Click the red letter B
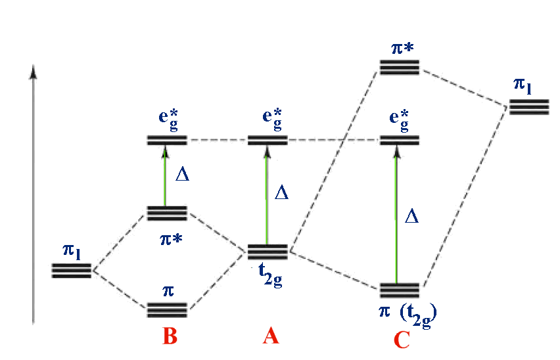click(x=170, y=337)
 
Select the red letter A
click(x=271, y=336)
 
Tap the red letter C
click(x=402, y=339)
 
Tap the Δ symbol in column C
click(x=412, y=216)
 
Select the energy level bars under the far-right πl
click(x=529, y=107)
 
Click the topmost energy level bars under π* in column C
click(x=399, y=67)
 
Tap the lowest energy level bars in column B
click(x=167, y=309)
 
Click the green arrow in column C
click(x=396, y=217)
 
